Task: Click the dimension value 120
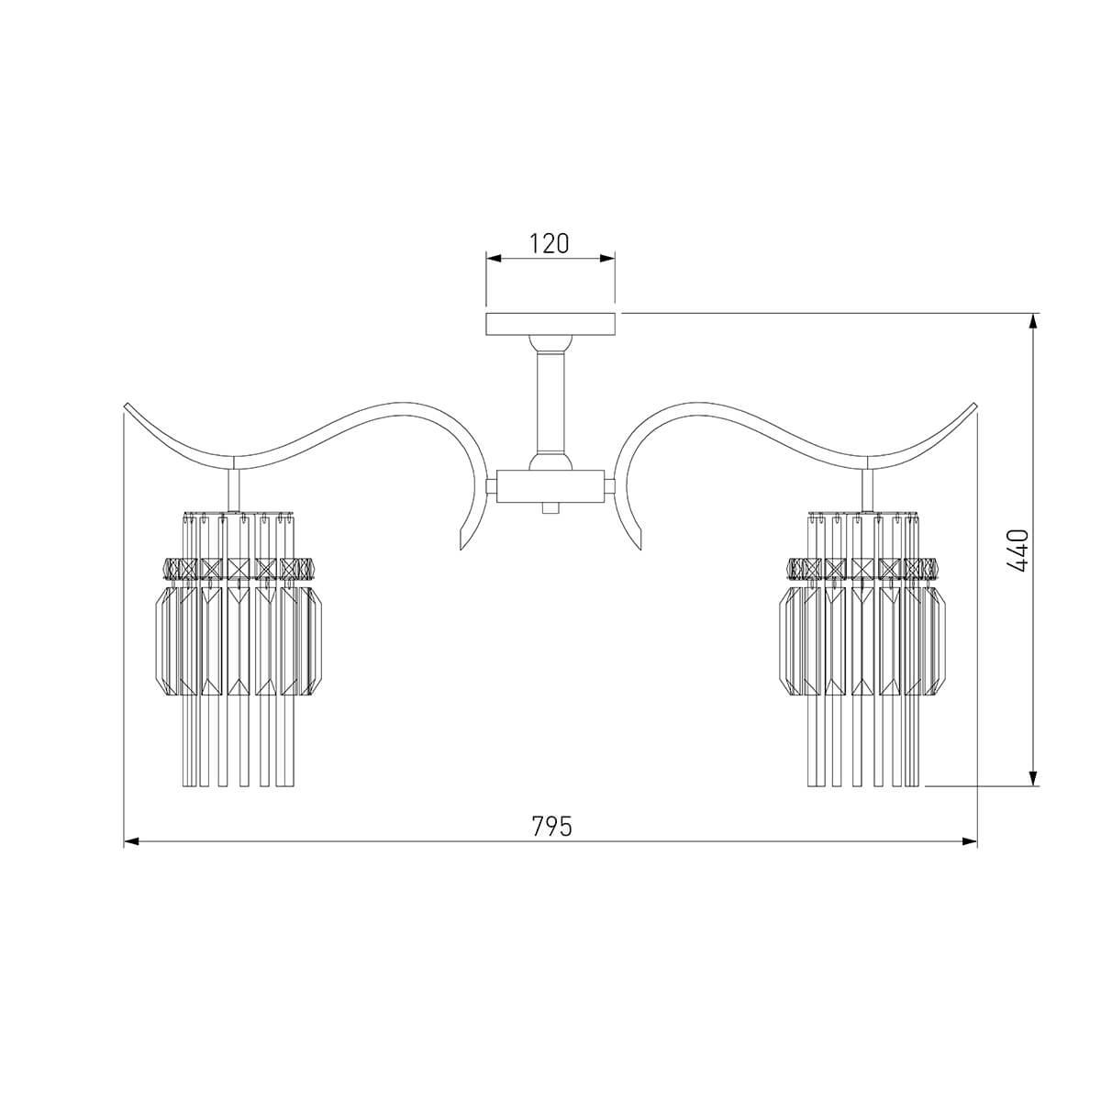tap(549, 244)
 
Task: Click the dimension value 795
tap(551, 826)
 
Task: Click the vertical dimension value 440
tap(1018, 550)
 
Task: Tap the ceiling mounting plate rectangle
tap(550, 324)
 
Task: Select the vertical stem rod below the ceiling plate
tap(550, 402)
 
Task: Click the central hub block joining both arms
tap(550, 487)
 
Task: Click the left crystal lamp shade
tap(239, 649)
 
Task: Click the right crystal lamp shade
tap(863, 649)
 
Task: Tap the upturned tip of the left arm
tap(127, 406)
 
